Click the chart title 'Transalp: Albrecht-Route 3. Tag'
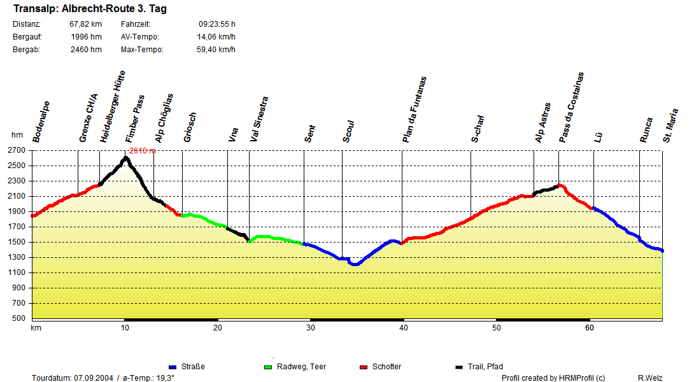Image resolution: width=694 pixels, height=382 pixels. tap(90, 10)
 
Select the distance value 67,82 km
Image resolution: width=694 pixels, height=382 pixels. tap(85, 24)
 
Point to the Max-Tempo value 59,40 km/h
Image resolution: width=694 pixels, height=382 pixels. tap(216, 50)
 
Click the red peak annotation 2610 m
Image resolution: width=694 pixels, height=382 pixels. tap(142, 151)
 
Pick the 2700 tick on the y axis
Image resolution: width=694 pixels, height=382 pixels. tap(17, 151)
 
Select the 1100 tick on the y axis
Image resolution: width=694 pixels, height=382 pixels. tap(17, 272)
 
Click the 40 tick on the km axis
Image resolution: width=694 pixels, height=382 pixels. tap(404, 328)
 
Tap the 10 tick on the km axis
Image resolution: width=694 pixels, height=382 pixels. tap(125, 328)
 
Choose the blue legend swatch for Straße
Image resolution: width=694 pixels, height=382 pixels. tap(173, 367)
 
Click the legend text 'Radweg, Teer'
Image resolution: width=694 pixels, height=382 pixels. tap(301, 367)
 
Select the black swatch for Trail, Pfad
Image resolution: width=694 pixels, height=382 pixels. tap(460, 367)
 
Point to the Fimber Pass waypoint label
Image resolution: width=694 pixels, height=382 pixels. tap(134, 119)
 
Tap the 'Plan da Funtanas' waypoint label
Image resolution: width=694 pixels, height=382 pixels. tap(414, 109)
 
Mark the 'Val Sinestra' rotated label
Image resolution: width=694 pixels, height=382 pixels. tap(259, 119)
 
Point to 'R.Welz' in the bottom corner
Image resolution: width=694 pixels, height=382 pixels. tap(649, 378)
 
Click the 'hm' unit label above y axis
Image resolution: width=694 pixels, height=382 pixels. tap(17, 135)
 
